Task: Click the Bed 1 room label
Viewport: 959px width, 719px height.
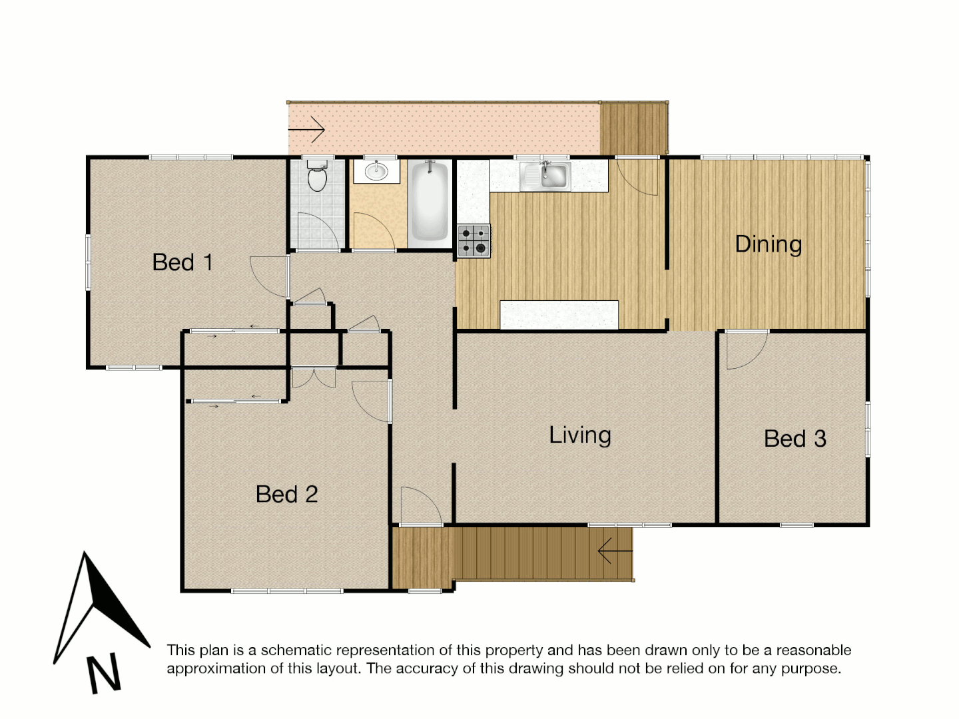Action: click(x=182, y=262)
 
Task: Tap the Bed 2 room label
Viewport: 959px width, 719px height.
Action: click(x=286, y=494)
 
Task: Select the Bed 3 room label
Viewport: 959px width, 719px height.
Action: click(x=795, y=439)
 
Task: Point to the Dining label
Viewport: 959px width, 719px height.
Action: click(x=768, y=244)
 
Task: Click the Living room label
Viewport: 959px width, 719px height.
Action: click(x=579, y=435)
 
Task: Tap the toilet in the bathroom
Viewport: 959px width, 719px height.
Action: click(x=317, y=176)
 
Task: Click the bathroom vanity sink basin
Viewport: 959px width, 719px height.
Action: click(x=376, y=170)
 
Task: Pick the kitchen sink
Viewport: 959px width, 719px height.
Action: click(x=545, y=176)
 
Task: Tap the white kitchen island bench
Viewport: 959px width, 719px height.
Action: click(x=559, y=315)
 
